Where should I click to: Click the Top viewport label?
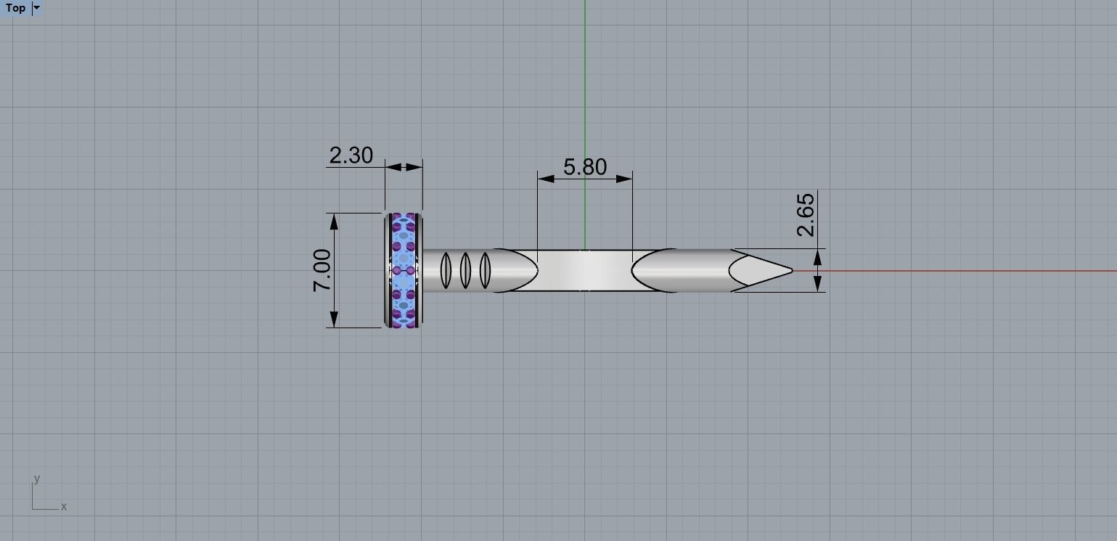pyautogui.click(x=15, y=8)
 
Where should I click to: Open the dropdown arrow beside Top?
pyautogui.click(x=37, y=8)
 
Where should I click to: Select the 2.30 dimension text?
pyautogui.click(x=351, y=155)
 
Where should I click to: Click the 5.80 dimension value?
pyautogui.click(x=584, y=167)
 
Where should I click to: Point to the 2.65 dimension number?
pyautogui.click(x=806, y=215)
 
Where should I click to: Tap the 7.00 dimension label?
pyautogui.click(x=322, y=270)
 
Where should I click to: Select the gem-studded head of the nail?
pyautogui.click(x=404, y=270)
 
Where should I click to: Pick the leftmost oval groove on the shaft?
pyautogui.click(x=446, y=270)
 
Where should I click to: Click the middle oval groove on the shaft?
pyautogui.click(x=465, y=270)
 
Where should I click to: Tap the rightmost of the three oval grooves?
pyautogui.click(x=485, y=270)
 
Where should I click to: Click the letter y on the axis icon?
pyautogui.click(x=36, y=479)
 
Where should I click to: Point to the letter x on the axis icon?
pyautogui.click(x=64, y=507)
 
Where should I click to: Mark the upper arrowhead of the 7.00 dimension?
pyautogui.click(x=334, y=221)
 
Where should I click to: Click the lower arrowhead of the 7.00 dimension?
pyautogui.click(x=334, y=319)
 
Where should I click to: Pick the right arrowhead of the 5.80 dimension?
pyautogui.click(x=624, y=178)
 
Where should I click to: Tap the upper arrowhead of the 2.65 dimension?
pyautogui.click(x=818, y=256)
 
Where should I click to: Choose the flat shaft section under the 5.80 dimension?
pyautogui.click(x=584, y=271)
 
